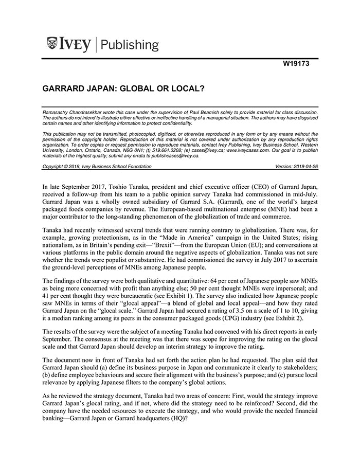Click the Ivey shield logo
click(53, 44)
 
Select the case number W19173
click(298, 64)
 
